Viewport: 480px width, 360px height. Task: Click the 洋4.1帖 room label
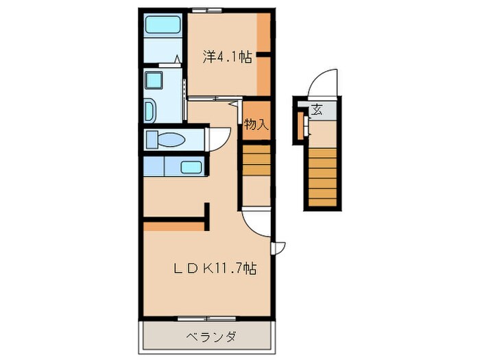227,57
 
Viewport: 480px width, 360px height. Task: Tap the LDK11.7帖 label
215,269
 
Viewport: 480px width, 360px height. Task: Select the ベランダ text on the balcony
211,337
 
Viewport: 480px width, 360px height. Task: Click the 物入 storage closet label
256,124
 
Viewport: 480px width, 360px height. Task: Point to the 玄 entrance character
317,110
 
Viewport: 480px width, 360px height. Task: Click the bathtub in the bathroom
163,25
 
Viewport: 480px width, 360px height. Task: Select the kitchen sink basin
191,167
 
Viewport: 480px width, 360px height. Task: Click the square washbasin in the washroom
154,80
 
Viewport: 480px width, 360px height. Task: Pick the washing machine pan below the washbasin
150,110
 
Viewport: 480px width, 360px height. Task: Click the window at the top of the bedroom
207,10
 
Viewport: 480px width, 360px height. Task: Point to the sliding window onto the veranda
207,318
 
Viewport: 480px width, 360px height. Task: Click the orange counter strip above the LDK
174,226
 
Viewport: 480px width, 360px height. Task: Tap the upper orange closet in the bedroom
263,32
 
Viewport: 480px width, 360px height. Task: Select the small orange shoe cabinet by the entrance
300,125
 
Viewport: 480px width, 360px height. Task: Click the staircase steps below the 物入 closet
256,160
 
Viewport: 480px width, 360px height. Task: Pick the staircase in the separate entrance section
323,177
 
